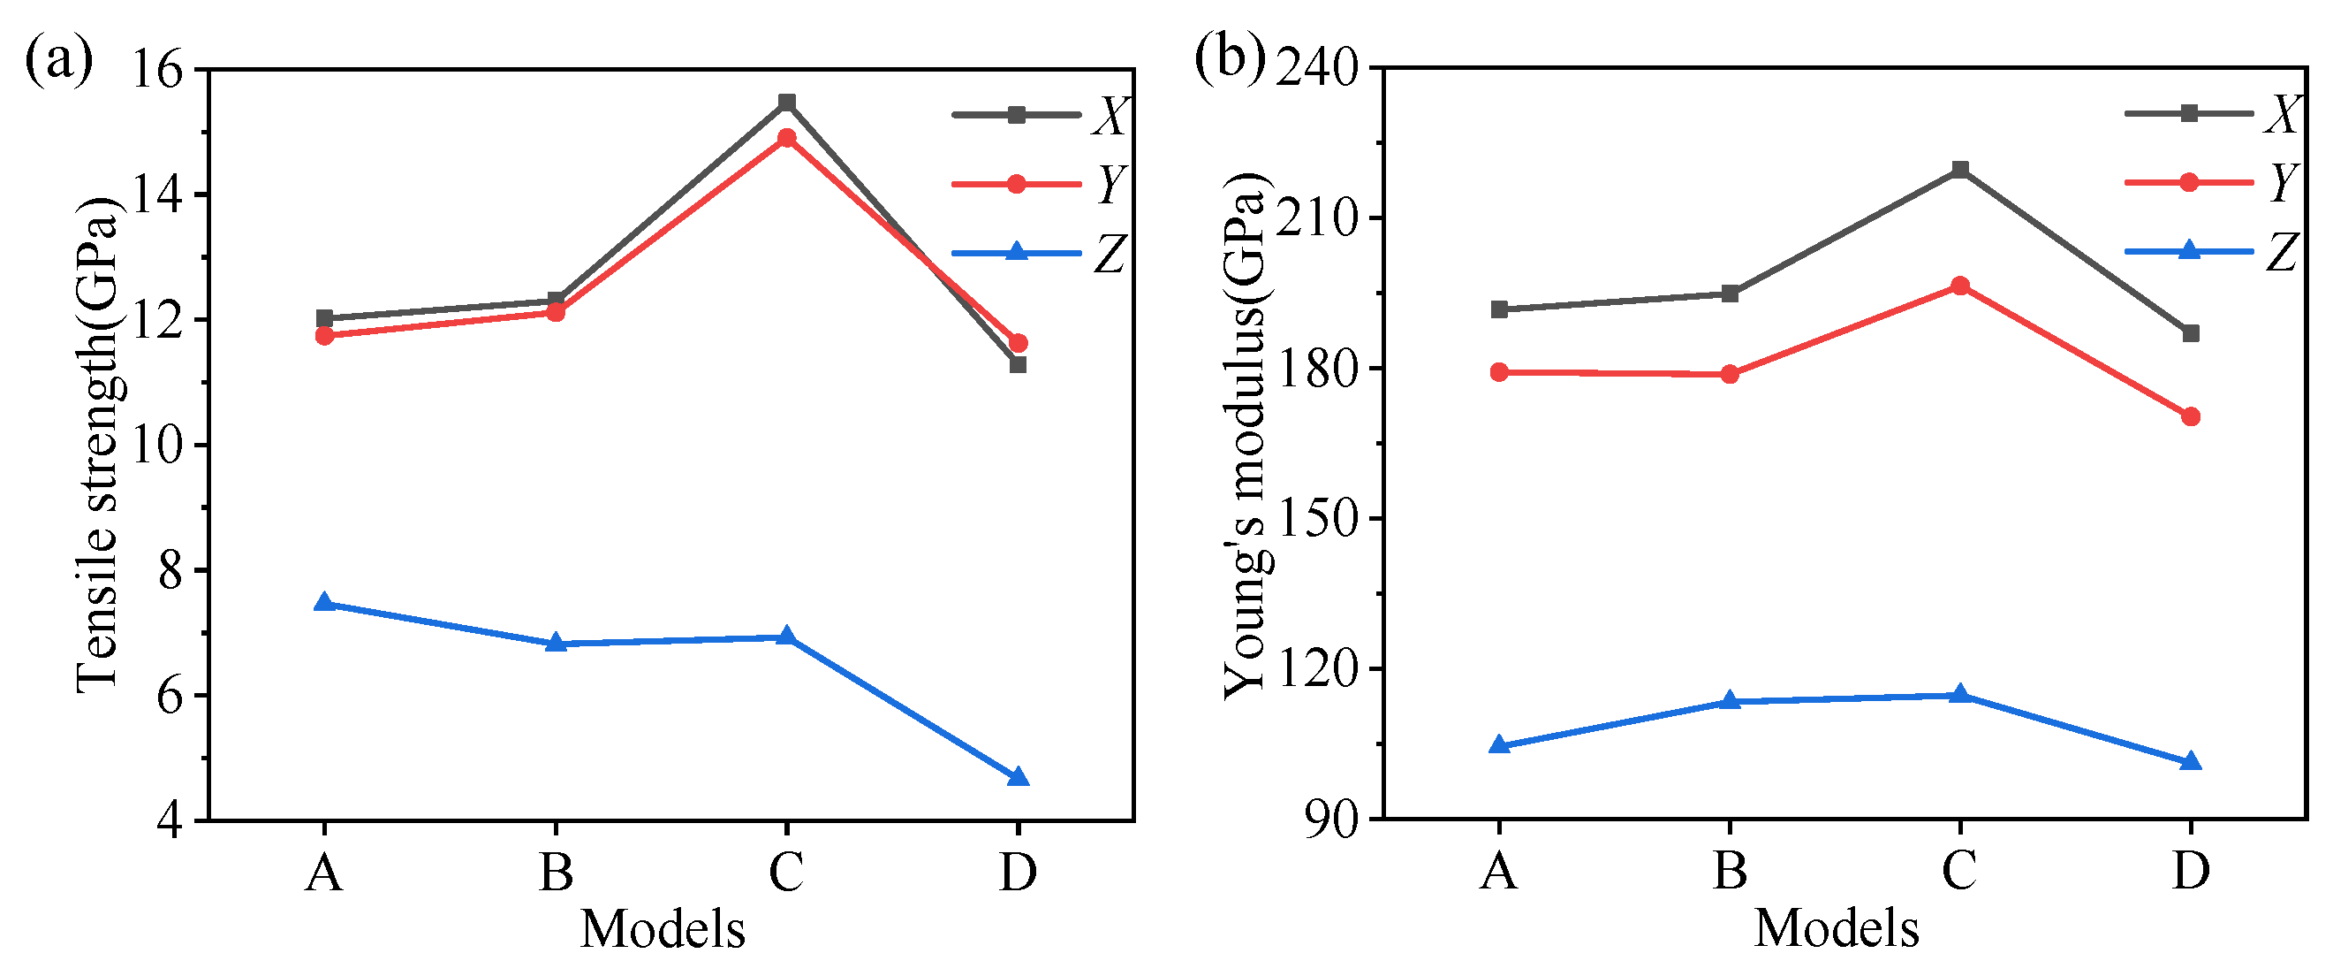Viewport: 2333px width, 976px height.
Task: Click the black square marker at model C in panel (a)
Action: (x=787, y=103)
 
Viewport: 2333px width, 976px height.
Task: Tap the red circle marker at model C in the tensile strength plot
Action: (x=787, y=138)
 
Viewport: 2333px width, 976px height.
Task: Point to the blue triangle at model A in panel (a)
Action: (x=324, y=603)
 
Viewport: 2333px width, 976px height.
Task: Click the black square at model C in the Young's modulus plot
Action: (x=1960, y=170)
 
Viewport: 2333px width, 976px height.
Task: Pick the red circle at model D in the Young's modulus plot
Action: (x=2191, y=417)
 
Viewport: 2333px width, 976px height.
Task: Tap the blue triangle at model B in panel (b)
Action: (x=1730, y=700)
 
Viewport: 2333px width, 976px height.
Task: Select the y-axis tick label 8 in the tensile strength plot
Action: (x=170, y=571)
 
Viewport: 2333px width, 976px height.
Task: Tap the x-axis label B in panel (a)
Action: (x=555, y=873)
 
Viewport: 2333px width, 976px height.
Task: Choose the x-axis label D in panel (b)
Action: (x=2191, y=871)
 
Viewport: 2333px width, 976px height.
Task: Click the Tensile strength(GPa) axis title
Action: (x=98, y=444)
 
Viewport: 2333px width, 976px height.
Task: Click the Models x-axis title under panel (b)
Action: (x=1836, y=929)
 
